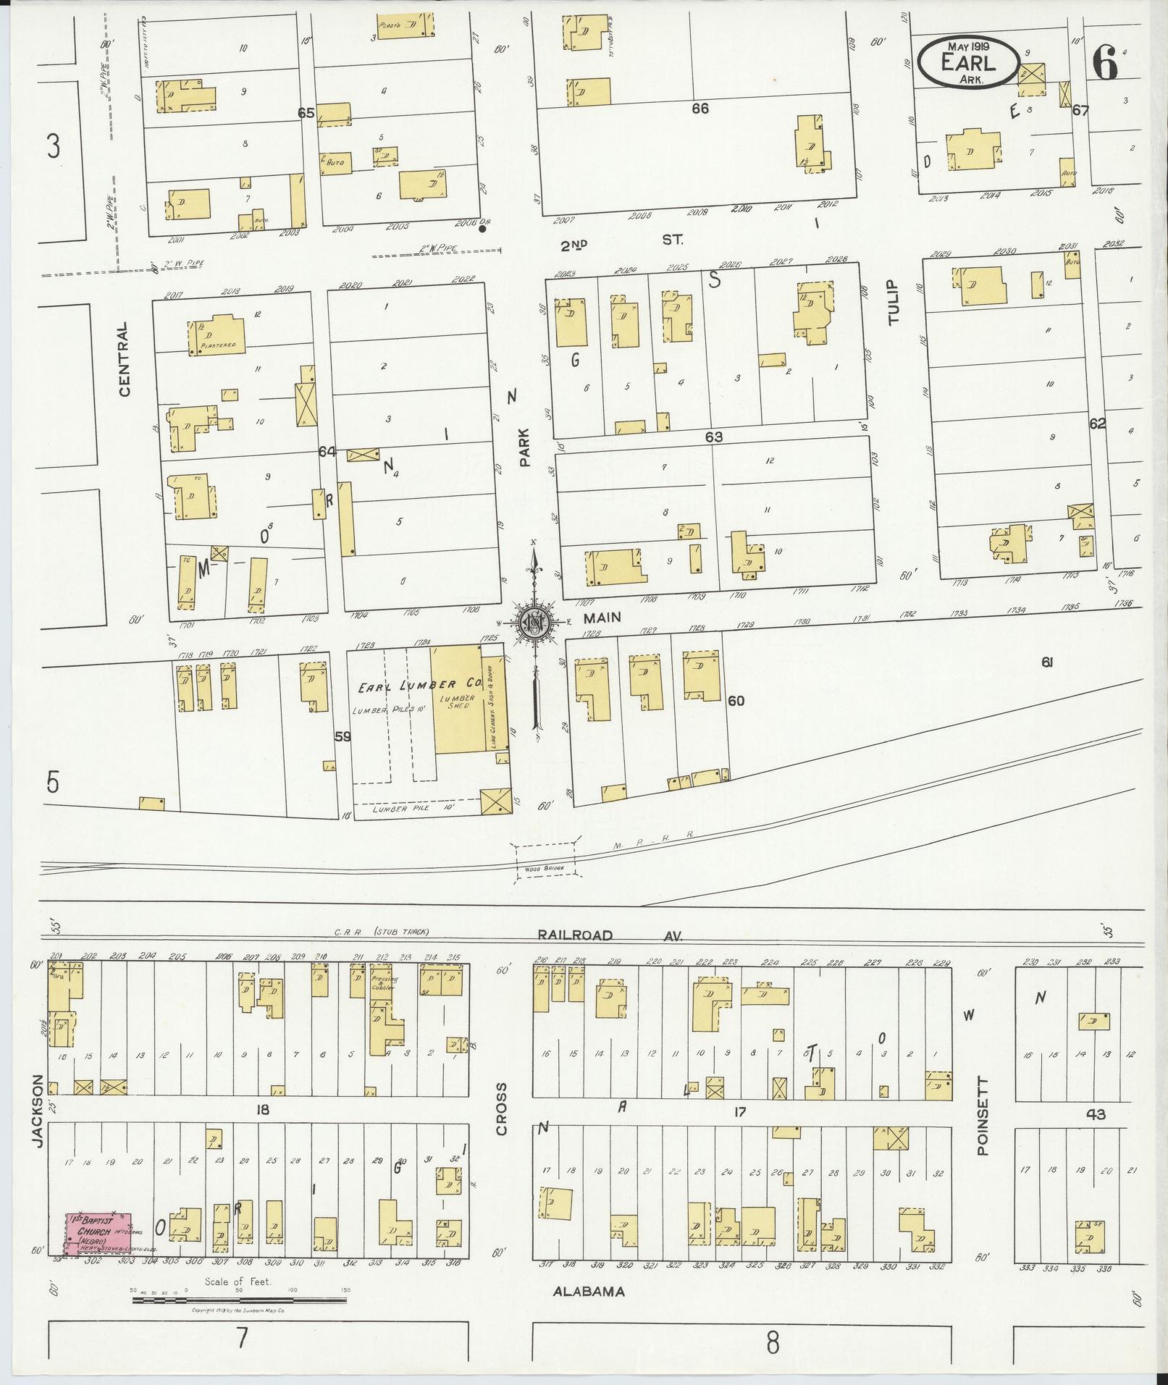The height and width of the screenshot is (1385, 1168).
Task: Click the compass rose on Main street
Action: [x=535, y=622]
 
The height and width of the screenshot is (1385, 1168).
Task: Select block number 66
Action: [x=699, y=109]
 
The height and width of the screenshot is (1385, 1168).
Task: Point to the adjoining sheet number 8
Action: [x=773, y=1344]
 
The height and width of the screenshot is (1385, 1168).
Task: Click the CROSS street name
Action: [x=501, y=1119]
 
